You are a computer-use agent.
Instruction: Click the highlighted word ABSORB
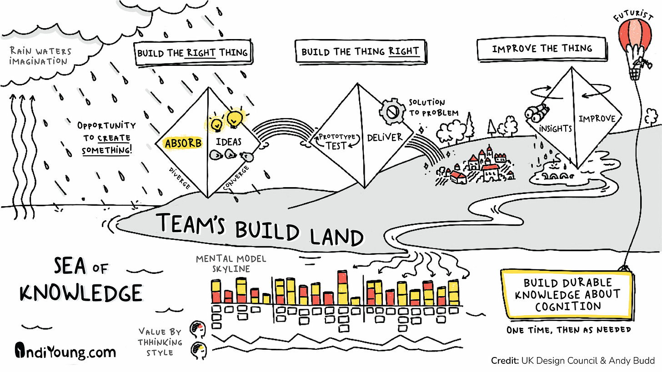pos(183,144)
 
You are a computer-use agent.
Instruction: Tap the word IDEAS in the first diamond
pos(229,142)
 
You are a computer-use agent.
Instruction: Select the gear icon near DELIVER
pos(391,110)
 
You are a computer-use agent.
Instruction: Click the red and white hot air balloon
pos(635,41)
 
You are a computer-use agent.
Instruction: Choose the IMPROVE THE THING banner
pos(542,49)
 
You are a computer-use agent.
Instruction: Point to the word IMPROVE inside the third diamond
pos(597,119)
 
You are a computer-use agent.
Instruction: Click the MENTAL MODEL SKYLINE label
pos(231,264)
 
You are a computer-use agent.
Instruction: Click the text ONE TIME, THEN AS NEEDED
pos(569,330)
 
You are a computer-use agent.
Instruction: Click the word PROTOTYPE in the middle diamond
pos(336,137)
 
